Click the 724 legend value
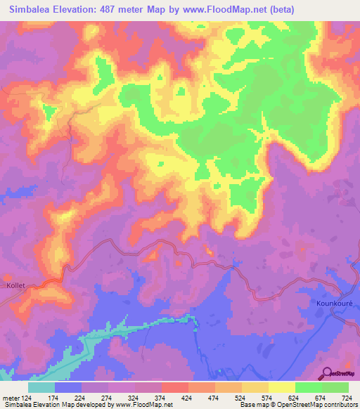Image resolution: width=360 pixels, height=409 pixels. tap(348, 397)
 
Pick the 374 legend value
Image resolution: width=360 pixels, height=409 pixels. tap(161, 397)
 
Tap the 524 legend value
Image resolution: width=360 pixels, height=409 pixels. tap(241, 397)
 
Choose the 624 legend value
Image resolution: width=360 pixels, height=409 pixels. tap(295, 397)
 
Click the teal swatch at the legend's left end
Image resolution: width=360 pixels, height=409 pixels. tap(41, 387)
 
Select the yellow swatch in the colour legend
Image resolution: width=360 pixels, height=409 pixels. tap(281, 387)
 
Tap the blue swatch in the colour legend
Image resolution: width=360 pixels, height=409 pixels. tap(68, 387)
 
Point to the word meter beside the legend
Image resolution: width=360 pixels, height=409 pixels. tap(10, 397)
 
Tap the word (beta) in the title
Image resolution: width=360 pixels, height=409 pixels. tap(281, 10)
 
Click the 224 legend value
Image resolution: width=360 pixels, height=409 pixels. tap(81, 397)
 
